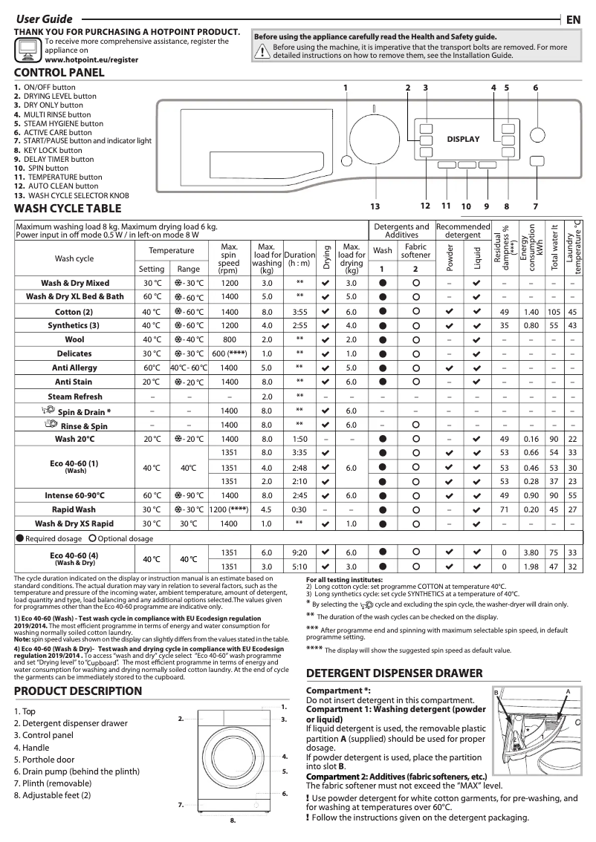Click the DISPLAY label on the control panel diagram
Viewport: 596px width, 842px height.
pos(463,140)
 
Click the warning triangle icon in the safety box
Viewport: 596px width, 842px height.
pos(262,50)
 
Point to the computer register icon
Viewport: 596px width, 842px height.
pos(27,49)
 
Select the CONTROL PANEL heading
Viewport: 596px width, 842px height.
pos(59,73)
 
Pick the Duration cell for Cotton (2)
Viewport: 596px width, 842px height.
pos(299,311)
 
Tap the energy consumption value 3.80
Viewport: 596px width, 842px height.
pos(531,552)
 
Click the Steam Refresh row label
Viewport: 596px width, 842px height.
pos(74,396)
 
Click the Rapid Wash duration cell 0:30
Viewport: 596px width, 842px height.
pos(299,509)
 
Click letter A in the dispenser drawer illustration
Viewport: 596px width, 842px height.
pos(567,691)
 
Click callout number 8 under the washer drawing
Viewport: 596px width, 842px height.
pos(233,821)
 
